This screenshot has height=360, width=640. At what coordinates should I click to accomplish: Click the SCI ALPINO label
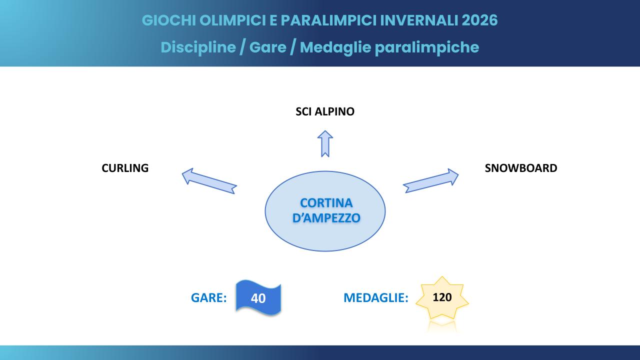coord(324,111)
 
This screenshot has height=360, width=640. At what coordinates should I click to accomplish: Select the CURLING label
coord(125,168)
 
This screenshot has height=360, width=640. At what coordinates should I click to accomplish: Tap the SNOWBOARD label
coord(520,168)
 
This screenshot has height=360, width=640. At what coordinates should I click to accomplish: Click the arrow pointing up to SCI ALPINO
coord(325,143)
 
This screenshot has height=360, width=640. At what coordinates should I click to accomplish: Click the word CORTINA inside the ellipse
coord(326,203)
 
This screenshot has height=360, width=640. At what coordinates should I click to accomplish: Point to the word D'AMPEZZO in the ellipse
coord(326,218)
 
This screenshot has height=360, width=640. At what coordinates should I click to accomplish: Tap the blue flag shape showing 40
coord(258,298)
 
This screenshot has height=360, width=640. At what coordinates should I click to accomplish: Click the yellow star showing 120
coord(442,298)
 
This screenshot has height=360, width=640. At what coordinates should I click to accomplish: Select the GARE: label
coord(209,298)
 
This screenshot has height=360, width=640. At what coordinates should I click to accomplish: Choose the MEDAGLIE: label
coord(375,298)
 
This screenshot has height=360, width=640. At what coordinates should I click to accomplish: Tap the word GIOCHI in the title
coord(167,20)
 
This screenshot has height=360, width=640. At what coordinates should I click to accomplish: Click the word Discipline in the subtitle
coord(198,47)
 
